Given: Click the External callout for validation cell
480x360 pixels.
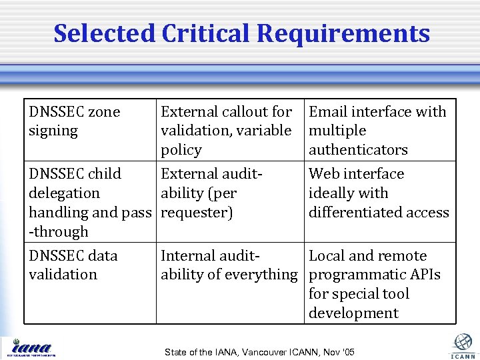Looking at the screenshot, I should coord(227,131).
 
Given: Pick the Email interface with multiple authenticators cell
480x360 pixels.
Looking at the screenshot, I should coord(377,131).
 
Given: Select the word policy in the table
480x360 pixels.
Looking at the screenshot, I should coord(181,150).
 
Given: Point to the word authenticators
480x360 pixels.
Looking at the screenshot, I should coord(358,150).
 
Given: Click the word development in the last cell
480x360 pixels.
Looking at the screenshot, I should coord(353,313).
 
